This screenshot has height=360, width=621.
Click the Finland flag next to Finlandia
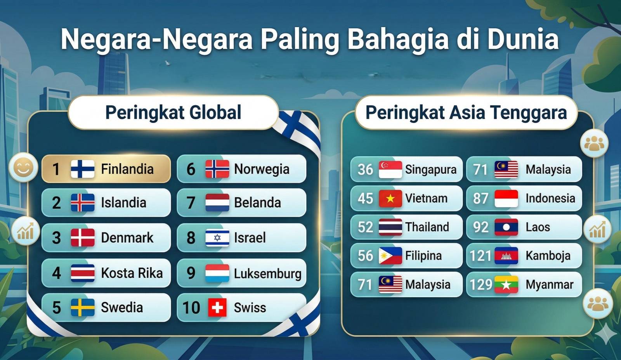[83, 169]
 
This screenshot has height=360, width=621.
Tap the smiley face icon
[24, 167]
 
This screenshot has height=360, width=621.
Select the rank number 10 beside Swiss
[191, 308]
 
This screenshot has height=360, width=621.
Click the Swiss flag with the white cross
[217, 307]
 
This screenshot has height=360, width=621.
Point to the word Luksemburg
[267, 273]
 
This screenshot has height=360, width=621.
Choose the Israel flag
[217, 238]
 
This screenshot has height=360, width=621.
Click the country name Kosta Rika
[132, 273]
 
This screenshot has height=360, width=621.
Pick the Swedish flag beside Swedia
[83, 307]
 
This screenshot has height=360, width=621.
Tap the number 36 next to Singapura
[365, 169]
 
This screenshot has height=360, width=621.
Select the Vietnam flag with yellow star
[390, 199]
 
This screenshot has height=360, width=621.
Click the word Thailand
[427, 227]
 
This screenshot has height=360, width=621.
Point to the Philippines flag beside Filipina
[390, 256]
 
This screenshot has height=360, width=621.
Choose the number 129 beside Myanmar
[481, 284]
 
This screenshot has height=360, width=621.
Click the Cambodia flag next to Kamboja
[506, 256]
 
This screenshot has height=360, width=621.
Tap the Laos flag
[506, 227]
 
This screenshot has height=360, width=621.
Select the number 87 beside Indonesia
[480, 199]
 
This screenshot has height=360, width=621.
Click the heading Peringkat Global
[173, 112]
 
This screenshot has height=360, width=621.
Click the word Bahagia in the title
[398, 39]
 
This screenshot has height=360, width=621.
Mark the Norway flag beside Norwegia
[217, 169]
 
